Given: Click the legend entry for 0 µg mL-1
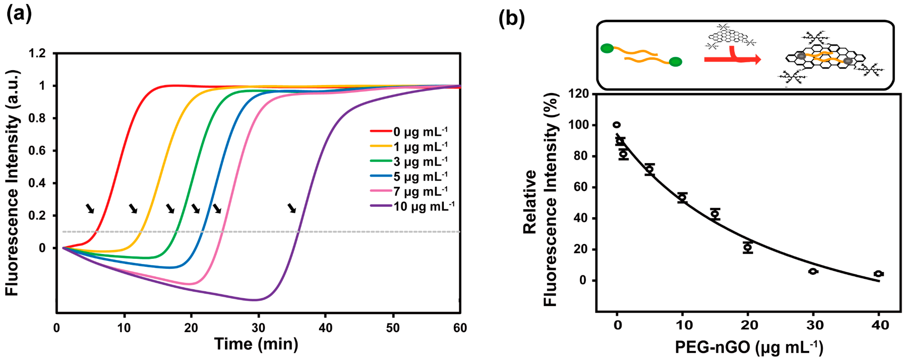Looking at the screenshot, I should (408, 132).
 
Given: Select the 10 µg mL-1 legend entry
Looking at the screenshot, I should (412, 206).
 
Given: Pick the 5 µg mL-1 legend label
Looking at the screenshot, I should (408, 176).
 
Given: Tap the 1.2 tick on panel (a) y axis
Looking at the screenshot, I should (37, 54).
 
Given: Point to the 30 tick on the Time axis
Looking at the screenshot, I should (258, 328).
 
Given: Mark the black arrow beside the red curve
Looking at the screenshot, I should (90, 208).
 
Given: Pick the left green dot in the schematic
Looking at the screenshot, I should (607, 49).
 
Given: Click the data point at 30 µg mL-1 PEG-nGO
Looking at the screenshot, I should (813, 271).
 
